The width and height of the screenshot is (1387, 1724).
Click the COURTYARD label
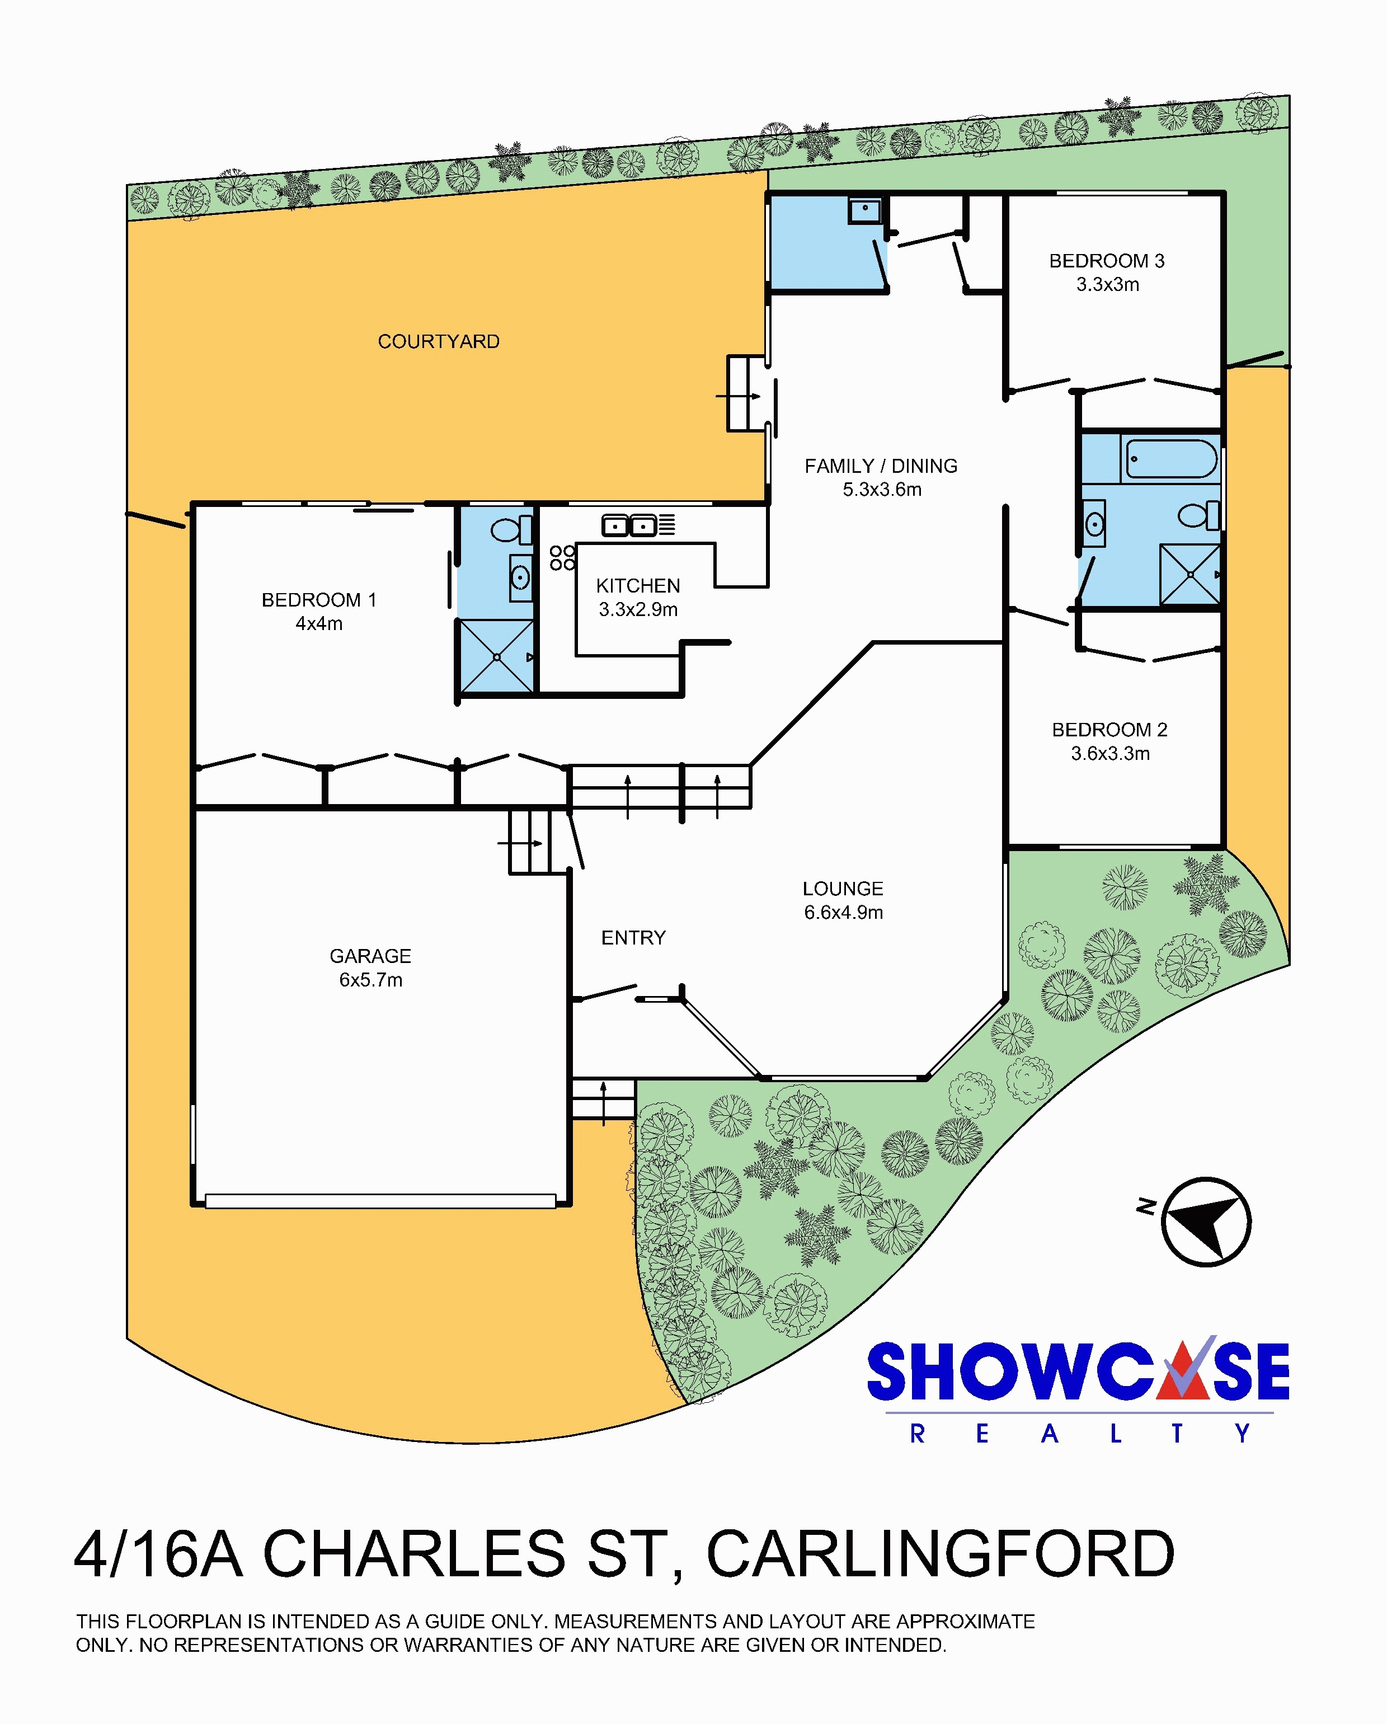[x=438, y=341]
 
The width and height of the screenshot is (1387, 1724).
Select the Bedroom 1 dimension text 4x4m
[x=319, y=624]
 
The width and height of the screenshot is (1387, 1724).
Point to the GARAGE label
[x=370, y=956]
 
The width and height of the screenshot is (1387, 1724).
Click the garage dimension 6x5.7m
[x=370, y=980]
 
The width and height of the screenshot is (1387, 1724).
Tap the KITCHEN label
[x=638, y=585]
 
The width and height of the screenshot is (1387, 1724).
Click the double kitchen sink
[x=629, y=525]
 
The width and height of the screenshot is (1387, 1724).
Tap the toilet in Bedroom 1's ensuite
[x=511, y=529]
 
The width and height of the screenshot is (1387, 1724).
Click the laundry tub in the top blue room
[x=865, y=211]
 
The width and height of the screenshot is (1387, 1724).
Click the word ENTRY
[x=633, y=937]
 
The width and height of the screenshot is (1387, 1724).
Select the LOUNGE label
[x=843, y=889]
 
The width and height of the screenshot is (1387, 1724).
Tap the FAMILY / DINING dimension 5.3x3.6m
[x=882, y=490]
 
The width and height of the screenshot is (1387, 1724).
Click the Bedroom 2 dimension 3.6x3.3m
[x=1111, y=753]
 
